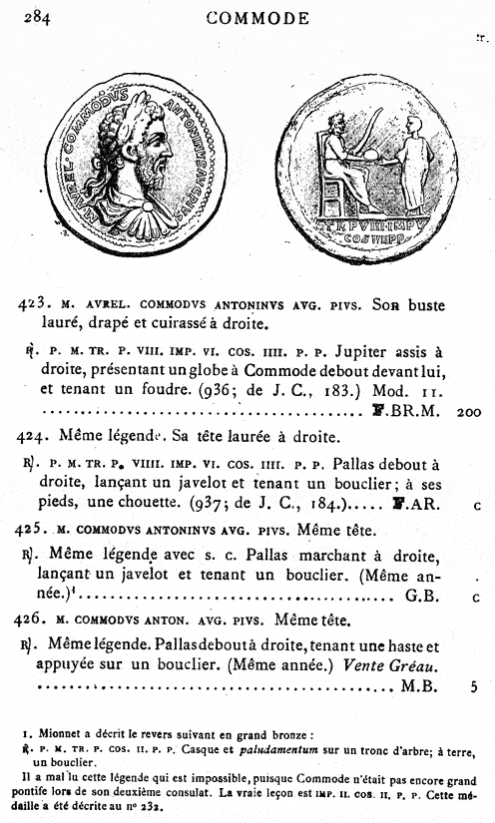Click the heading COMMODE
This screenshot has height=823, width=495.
pos(257,18)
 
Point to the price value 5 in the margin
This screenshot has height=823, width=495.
pos(475,686)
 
